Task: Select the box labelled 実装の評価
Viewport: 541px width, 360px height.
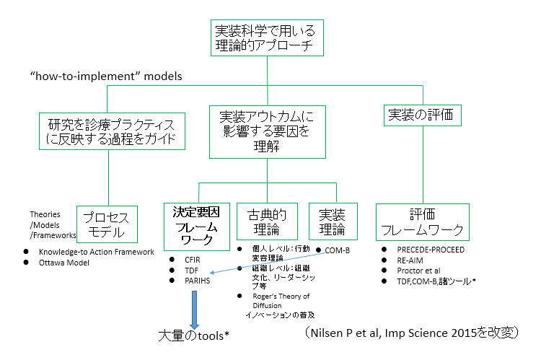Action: (423, 114)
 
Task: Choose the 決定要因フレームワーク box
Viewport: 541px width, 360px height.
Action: (196, 225)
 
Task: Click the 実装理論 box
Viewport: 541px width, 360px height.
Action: (333, 221)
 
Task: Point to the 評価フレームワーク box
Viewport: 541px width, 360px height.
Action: (423, 221)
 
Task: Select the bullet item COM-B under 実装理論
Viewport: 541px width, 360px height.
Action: (337, 249)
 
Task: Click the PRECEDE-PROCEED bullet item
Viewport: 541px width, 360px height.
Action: (431, 250)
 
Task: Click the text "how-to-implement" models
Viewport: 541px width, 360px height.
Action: (106, 76)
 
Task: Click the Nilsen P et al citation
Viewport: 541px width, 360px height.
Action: (411, 332)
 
